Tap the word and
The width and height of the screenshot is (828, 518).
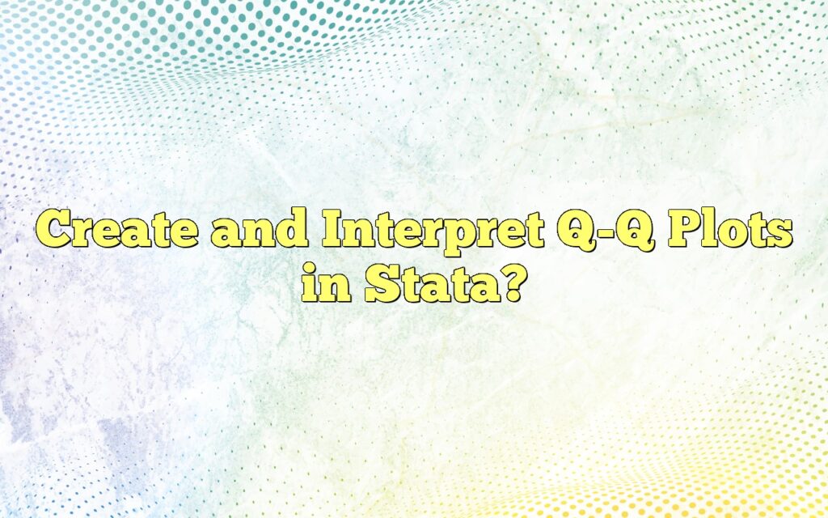coord(258,232)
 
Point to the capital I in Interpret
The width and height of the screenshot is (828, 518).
coord(333,232)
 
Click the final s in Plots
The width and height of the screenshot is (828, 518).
coord(778,236)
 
